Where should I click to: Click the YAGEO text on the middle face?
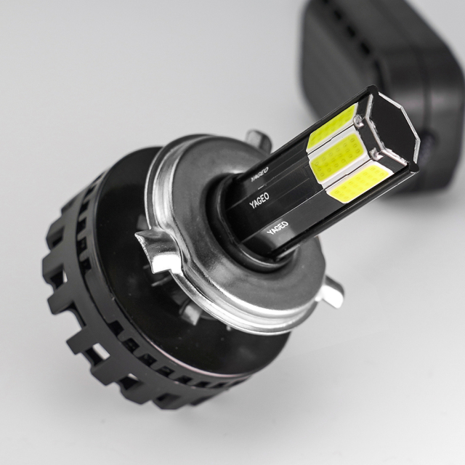click(x=259, y=201)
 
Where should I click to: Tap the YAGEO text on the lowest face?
click(x=278, y=227)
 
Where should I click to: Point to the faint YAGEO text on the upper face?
click(x=259, y=174)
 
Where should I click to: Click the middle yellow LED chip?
click(x=336, y=158)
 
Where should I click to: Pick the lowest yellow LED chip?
click(x=357, y=183)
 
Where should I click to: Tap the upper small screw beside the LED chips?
click(x=358, y=120)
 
